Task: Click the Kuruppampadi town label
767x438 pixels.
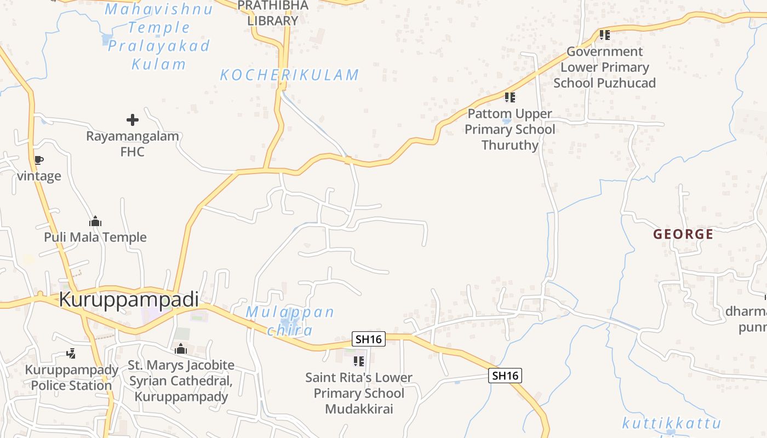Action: (128, 299)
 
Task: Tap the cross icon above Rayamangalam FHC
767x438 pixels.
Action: (133, 120)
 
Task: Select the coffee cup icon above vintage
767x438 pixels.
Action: (38, 160)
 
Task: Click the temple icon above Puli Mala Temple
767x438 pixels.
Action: (95, 222)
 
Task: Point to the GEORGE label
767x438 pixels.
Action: (683, 234)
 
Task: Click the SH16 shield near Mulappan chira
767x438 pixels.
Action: (369, 339)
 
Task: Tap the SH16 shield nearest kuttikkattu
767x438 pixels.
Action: (505, 376)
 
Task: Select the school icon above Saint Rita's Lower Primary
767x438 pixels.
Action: (359, 361)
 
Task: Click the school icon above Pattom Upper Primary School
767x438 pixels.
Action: (510, 97)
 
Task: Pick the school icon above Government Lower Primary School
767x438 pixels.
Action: (605, 35)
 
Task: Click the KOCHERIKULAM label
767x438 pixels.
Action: (289, 75)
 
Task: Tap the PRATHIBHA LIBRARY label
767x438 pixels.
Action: (273, 13)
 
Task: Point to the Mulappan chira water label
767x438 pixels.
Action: (290, 321)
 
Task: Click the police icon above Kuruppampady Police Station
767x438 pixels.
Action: (71, 354)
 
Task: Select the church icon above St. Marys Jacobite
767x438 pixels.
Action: (181, 349)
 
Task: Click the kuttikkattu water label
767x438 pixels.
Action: (671, 423)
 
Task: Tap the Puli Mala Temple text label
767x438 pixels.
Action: (95, 237)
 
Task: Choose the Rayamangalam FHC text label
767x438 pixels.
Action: (133, 143)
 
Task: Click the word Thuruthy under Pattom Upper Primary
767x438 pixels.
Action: (510, 145)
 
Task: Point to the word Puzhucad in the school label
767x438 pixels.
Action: (626, 83)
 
